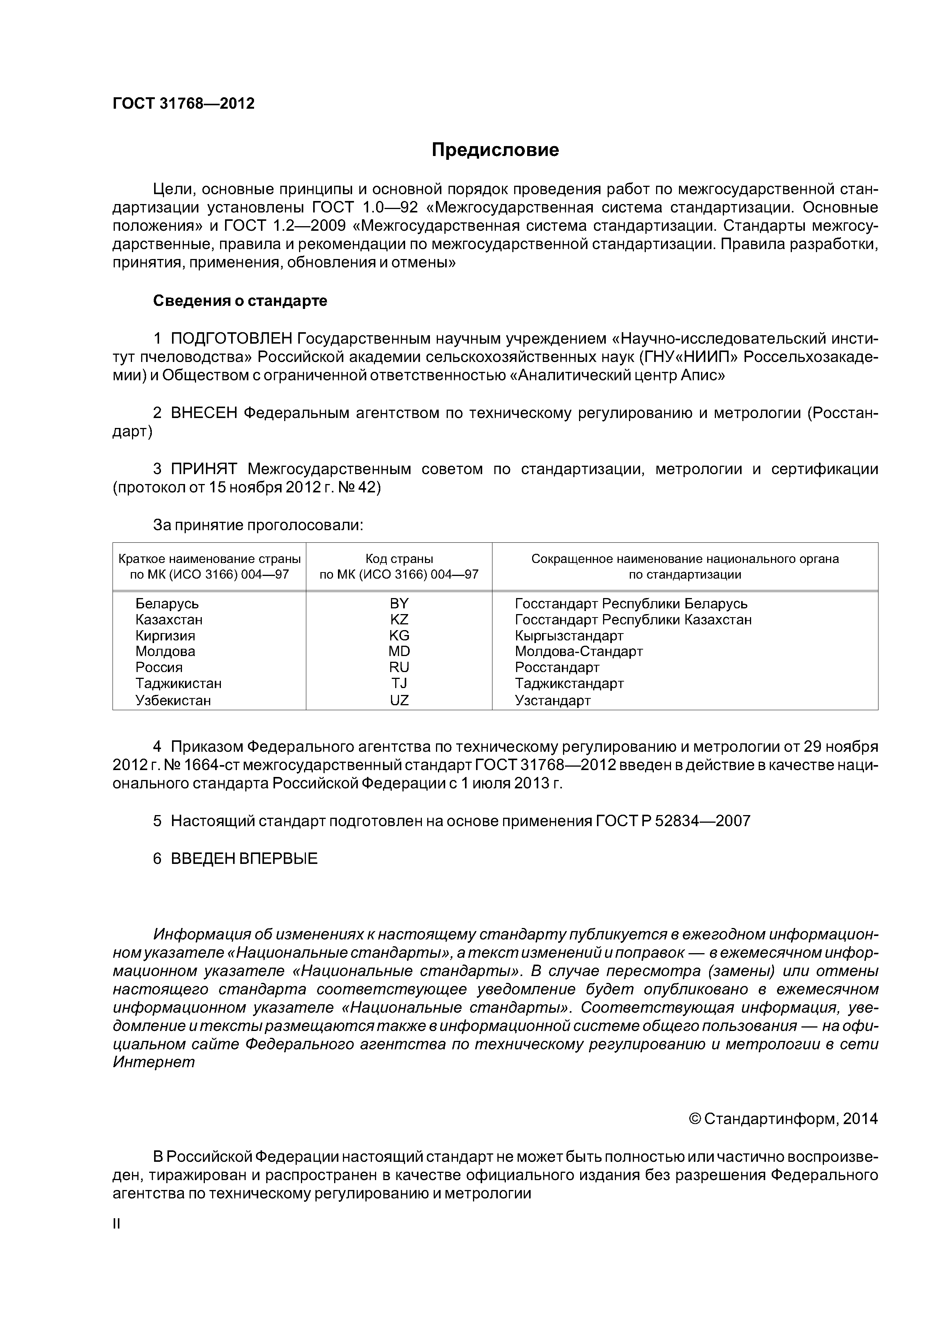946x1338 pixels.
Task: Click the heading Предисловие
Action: click(x=495, y=150)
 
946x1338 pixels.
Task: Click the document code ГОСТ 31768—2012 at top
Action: click(x=183, y=104)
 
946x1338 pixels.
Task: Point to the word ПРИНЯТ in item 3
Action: click(x=204, y=469)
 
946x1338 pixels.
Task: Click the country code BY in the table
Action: click(x=399, y=603)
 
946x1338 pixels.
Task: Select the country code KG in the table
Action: click(x=399, y=635)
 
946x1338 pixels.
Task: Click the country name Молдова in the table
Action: click(x=165, y=651)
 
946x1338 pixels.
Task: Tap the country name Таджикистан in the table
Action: click(x=179, y=683)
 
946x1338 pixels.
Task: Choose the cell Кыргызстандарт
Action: click(x=569, y=635)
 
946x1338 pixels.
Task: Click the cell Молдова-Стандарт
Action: click(x=579, y=651)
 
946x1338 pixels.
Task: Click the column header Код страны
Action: click(x=399, y=559)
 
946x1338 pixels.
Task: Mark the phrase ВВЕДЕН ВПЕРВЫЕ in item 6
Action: click(x=244, y=859)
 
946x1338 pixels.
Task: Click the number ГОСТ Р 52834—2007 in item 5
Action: click(x=672, y=821)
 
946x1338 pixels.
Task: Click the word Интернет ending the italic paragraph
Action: click(x=154, y=1062)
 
